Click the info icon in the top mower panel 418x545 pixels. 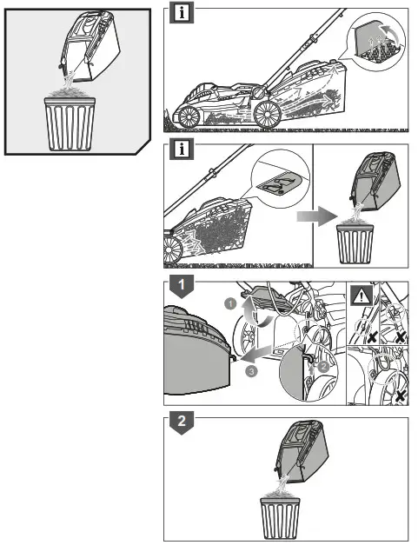[x=182, y=14]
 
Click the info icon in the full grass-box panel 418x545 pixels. [x=182, y=150]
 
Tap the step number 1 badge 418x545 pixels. [x=182, y=286]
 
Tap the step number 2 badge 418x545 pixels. [x=182, y=422]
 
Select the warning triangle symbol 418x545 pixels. [x=362, y=296]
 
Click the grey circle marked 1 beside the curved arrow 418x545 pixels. [x=230, y=304]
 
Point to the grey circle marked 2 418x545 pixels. [x=323, y=366]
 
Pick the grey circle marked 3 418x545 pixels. [x=251, y=371]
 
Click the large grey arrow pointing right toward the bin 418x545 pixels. [x=316, y=216]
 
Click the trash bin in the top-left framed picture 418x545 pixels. [x=70, y=123]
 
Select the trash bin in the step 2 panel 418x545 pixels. [x=280, y=519]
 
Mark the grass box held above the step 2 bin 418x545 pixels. [x=302, y=451]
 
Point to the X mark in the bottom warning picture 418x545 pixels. [x=401, y=395]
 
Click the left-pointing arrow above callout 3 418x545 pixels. [x=256, y=354]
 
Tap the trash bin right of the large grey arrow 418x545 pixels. [x=355, y=243]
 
